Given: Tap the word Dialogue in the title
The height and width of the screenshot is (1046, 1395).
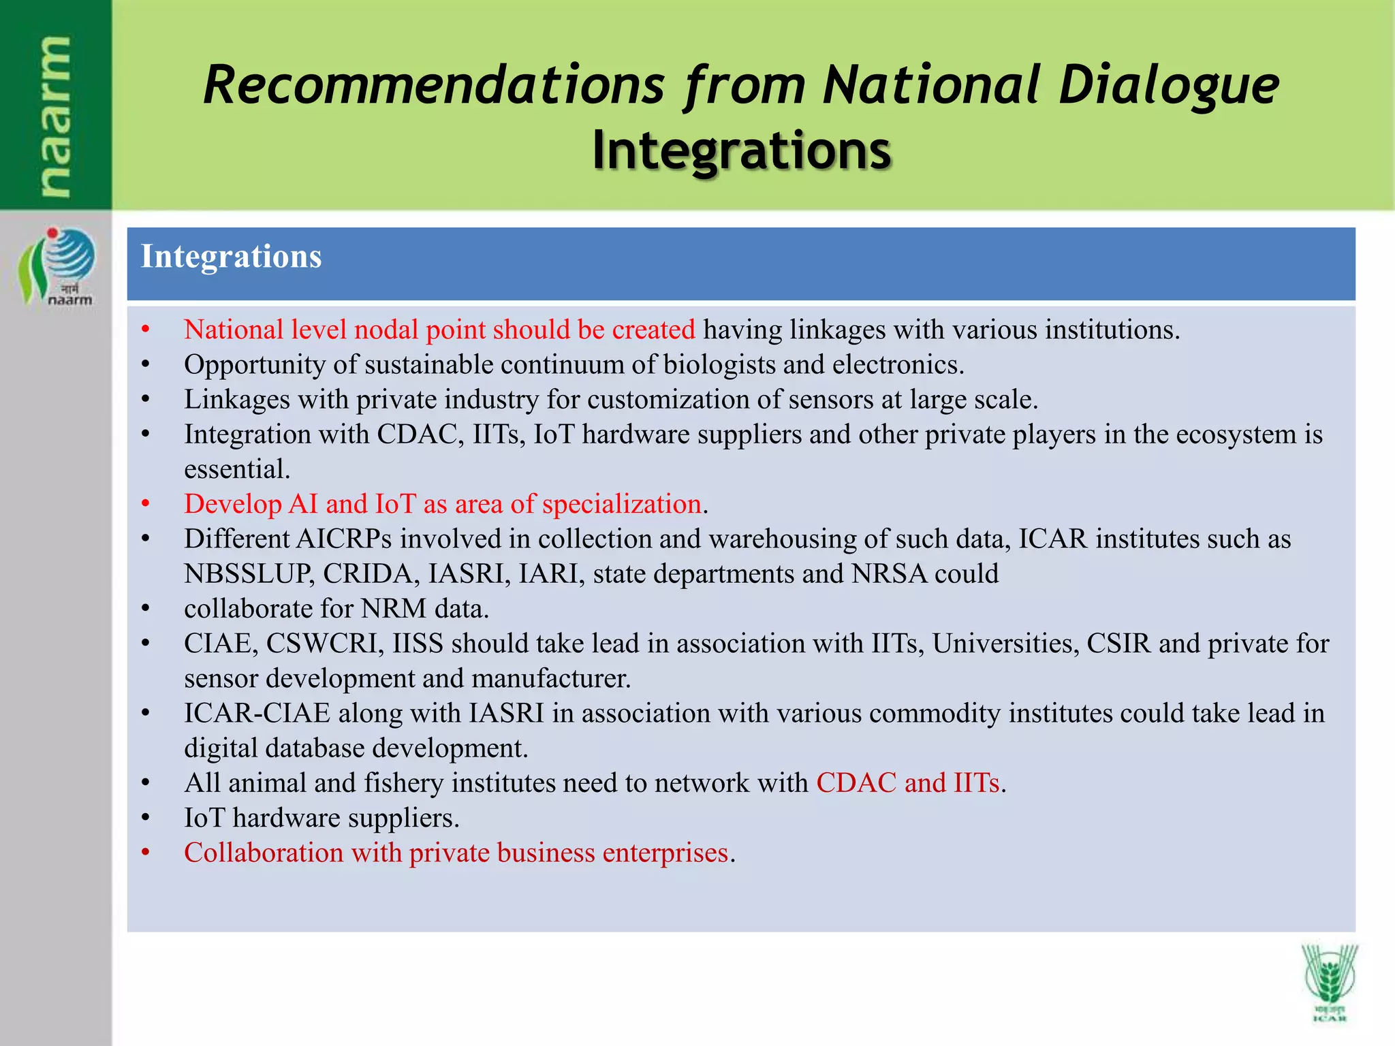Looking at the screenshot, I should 1169,86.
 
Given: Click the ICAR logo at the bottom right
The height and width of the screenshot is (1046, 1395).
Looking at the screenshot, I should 1329,982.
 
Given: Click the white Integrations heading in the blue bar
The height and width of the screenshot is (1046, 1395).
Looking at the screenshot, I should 231,257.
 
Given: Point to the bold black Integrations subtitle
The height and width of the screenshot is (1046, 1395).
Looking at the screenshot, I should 741,150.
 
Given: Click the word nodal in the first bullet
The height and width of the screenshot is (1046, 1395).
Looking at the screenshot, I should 386,330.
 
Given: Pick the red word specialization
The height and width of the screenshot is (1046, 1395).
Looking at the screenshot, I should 621,505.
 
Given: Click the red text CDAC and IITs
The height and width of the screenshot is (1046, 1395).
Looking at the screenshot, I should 907,783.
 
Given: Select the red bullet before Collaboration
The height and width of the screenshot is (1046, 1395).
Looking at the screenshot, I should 145,853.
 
